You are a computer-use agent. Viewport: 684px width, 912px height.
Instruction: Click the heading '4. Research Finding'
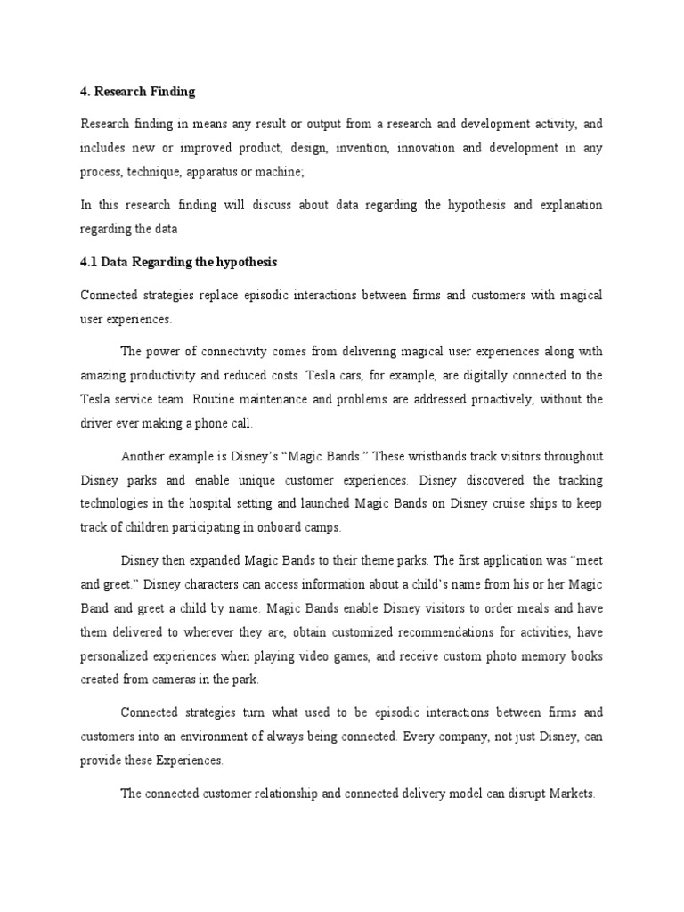(x=137, y=92)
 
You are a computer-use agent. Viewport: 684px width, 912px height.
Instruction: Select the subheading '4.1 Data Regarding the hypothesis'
(x=178, y=262)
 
